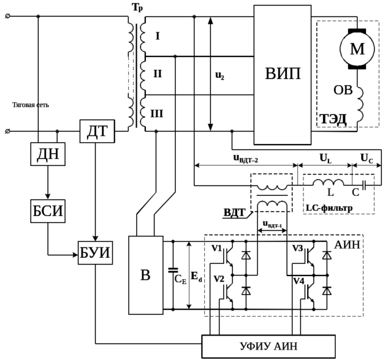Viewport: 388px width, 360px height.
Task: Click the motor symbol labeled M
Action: click(356, 48)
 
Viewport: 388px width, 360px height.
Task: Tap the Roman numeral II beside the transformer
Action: click(157, 75)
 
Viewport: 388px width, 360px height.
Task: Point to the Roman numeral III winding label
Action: click(158, 113)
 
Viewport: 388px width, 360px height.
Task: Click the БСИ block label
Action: click(47, 212)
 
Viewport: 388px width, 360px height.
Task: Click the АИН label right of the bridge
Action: click(349, 245)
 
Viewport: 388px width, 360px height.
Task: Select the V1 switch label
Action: click(216, 249)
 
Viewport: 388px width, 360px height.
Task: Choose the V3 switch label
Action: click(299, 249)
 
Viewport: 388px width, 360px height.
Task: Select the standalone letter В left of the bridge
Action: click(145, 276)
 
